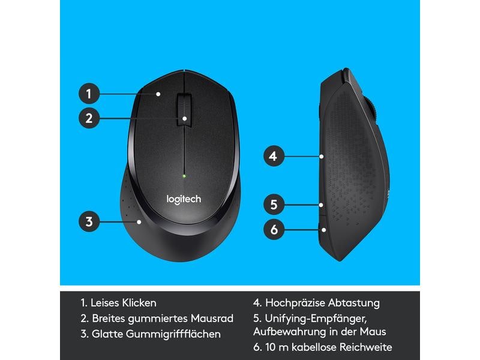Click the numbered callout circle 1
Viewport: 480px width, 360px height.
coord(88,94)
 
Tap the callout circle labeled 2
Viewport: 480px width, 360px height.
coord(88,118)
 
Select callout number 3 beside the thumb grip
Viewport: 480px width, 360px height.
coord(89,221)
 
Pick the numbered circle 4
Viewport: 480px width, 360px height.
coord(273,157)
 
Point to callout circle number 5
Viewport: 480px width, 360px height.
coord(273,205)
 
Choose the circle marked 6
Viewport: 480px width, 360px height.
coord(273,229)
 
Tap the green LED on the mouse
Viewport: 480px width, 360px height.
coord(184,176)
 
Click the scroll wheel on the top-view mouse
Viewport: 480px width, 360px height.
coord(184,108)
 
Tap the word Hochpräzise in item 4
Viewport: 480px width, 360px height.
coord(295,303)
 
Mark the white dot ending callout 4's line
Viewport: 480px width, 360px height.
coord(322,157)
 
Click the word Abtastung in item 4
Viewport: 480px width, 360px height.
coord(354,303)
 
